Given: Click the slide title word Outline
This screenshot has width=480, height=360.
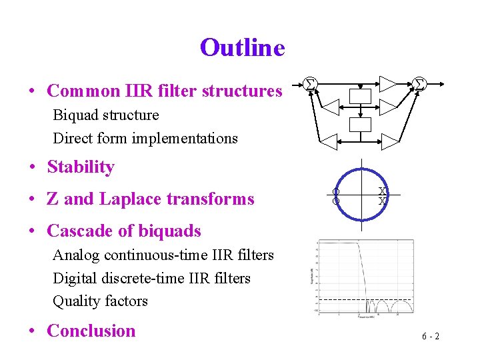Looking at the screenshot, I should point(242,48).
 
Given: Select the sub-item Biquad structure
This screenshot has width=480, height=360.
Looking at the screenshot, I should point(106,115).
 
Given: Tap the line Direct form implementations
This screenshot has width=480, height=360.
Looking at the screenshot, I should point(145,138).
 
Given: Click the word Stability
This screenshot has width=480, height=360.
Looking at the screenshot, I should point(81,167).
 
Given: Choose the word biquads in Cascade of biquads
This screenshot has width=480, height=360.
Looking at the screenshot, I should point(169,231).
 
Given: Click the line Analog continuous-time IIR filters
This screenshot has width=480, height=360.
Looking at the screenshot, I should point(163,255).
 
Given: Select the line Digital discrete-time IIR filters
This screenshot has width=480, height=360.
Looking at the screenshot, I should point(151,277).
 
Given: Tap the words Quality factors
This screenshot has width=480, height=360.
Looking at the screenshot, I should point(100,301).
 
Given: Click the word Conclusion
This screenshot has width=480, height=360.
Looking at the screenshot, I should point(91,331).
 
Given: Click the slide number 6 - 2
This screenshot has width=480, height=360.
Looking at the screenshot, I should point(430,336).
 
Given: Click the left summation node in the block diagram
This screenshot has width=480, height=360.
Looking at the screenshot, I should point(309,83).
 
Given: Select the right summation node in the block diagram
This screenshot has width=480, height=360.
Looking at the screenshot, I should point(419,83).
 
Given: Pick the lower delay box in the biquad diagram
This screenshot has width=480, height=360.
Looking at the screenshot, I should point(361,124).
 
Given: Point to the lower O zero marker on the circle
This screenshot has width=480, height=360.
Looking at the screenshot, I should point(337,201).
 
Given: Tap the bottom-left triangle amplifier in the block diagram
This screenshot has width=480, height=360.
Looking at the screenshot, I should point(329,139).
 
